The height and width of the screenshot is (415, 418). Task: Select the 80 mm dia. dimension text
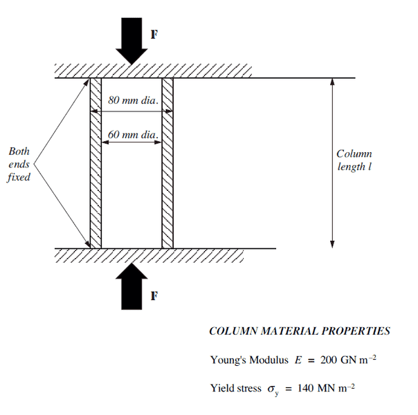(132, 100)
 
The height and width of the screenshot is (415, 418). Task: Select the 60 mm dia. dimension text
(132, 133)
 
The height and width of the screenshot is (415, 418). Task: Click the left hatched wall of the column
(96, 163)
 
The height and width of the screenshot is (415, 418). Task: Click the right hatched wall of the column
(167, 163)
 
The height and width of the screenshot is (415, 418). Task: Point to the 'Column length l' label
(354, 160)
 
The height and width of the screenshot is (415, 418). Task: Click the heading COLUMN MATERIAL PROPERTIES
(299, 331)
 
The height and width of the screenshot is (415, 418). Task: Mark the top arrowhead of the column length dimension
(333, 82)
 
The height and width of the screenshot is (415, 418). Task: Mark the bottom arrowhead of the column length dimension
(333, 243)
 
